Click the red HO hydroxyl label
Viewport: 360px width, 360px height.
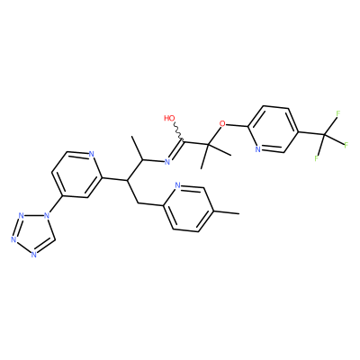pyautogui.click(x=169, y=118)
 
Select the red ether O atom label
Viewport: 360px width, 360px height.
pyautogui.click(x=222, y=123)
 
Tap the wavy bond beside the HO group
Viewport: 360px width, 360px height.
pyautogui.click(x=178, y=131)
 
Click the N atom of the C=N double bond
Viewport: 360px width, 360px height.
pyautogui.click(x=167, y=162)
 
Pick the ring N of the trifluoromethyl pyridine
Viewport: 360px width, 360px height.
pyautogui.click(x=257, y=149)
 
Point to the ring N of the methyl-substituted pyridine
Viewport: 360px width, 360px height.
pyautogui.click(x=177, y=185)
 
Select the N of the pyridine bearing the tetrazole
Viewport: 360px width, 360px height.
pyautogui.click(x=92, y=154)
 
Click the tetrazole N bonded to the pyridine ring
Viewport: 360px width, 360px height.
pyautogui.click(x=46, y=215)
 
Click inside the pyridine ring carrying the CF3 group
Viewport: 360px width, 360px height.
pyautogui.click(x=273, y=129)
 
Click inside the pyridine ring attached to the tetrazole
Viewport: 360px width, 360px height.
pyautogui.click(x=76, y=175)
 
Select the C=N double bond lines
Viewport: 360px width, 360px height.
pyautogui.click(x=176, y=151)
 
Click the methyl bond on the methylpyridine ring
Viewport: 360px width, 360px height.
pyautogui.click(x=227, y=212)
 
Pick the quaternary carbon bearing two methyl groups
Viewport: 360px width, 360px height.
pyautogui.click(x=208, y=145)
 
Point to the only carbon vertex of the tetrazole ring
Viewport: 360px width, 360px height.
pyautogui.click(x=55, y=238)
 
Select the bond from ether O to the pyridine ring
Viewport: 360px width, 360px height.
pyautogui.click(x=237, y=125)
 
